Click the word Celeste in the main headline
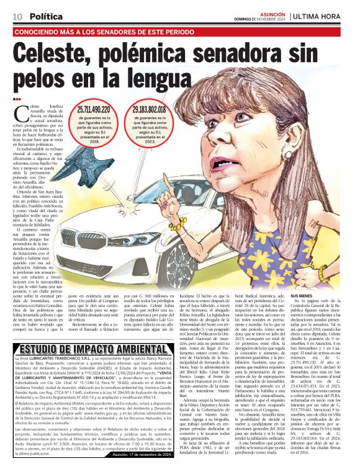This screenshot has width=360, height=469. [72, 55]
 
